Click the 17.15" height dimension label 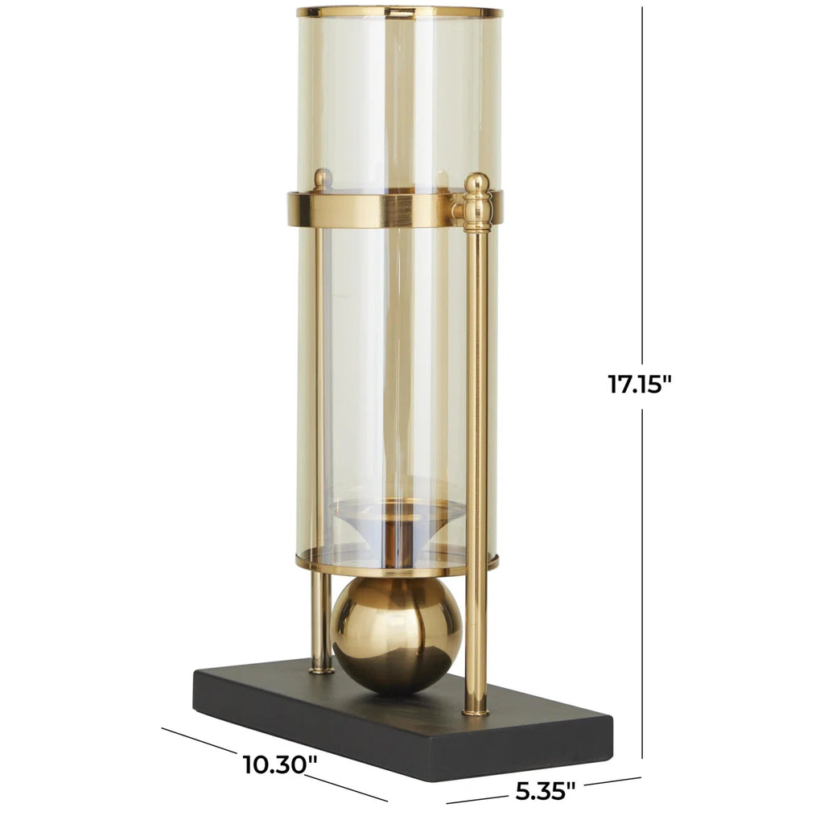pos(640,384)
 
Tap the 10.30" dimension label pos(276,764)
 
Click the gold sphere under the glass pos(397,635)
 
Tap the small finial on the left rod pos(321,179)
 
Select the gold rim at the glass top pos(399,12)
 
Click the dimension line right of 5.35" pos(612,781)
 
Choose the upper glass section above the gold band pos(399,97)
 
